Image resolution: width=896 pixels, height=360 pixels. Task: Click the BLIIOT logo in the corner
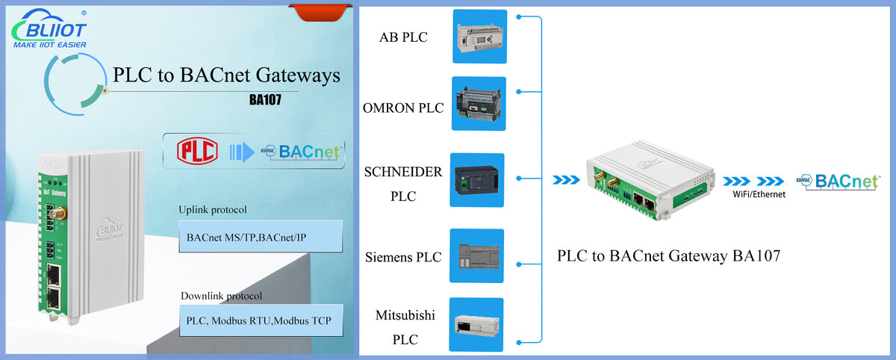(49, 29)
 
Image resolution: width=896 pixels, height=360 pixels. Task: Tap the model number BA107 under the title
(265, 99)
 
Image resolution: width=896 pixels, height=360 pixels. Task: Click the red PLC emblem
(197, 151)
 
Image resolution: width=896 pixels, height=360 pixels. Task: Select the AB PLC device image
(479, 37)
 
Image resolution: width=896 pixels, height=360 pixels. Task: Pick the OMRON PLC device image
(479, 104)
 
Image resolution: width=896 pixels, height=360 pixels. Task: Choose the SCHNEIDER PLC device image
(477, 180)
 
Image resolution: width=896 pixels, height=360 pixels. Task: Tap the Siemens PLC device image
(476, 256)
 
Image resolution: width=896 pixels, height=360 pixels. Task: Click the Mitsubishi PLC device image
(476, 324)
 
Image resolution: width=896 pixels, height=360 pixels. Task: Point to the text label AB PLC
(403, 37)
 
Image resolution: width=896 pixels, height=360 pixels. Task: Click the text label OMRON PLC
(403, 108)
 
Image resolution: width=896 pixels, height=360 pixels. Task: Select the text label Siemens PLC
(403, 257)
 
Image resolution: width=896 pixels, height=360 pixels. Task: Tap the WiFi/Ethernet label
(759, 194)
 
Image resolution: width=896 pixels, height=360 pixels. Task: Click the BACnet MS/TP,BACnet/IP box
(261, 237)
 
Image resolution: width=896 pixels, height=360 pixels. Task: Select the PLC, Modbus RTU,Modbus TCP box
(261, 320)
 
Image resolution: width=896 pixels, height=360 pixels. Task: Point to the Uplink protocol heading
(212, 210)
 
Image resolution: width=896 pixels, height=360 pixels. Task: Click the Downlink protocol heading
(221, 296)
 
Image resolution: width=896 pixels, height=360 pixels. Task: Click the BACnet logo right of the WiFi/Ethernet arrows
(838, 182)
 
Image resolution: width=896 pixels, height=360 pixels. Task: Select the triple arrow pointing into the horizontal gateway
(566, 180)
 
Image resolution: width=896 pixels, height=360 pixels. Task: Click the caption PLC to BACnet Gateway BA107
(668, 256)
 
